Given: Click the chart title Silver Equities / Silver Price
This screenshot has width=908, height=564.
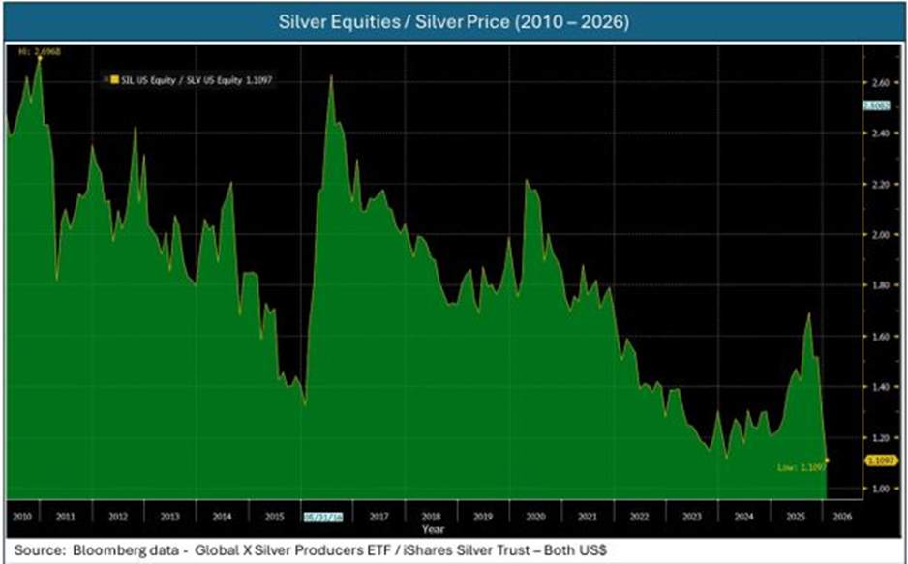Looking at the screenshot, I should click(x=454, y=22).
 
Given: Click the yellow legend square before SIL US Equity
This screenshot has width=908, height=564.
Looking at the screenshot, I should click(x=114, y=80).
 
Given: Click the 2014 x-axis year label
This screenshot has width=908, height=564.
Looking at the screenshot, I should click(x=220, y=516).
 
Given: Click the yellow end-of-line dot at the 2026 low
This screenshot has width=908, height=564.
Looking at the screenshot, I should click(x=827, y=460).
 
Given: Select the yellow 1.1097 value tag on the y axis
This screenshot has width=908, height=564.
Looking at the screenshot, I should click(x=877, y=460).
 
